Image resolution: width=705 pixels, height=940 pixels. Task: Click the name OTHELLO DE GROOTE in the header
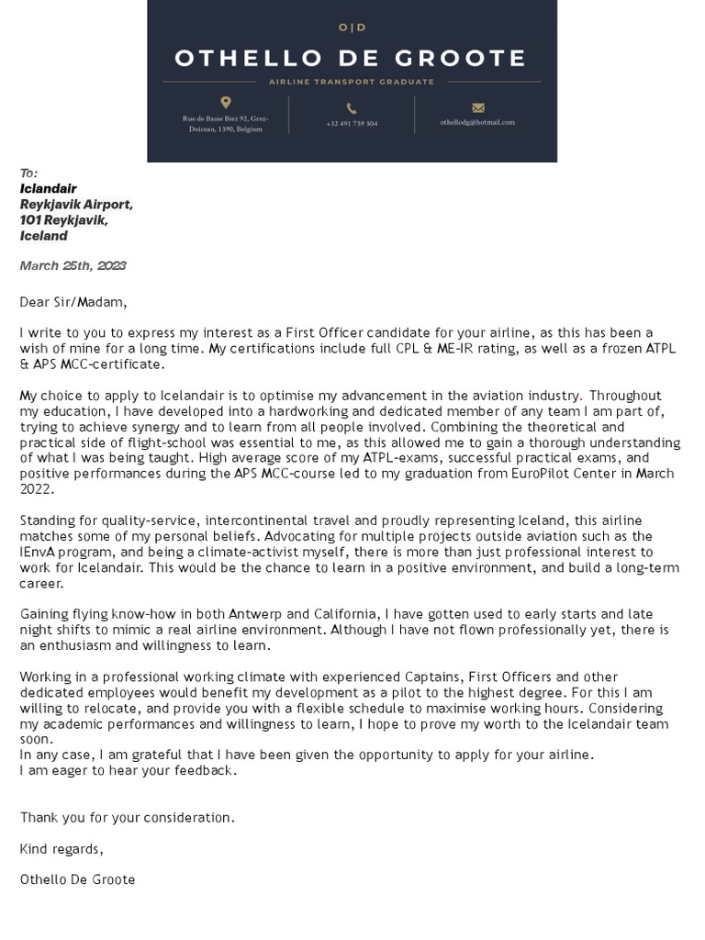coord(352,59)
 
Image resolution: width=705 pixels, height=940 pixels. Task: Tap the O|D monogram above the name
coord(352,28)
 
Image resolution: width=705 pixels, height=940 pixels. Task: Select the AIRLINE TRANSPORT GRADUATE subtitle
coord(352,83)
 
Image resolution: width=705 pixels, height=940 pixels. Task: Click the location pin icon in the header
coord(226,103)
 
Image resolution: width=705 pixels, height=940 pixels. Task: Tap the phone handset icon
coord(352,108)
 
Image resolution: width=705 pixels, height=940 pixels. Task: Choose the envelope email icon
coord(477,107)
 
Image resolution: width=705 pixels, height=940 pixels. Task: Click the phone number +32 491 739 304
coord(352,123)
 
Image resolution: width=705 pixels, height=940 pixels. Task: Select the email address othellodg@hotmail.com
coord(477,122)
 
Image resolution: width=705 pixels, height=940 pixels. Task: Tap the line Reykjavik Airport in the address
coord(76,205)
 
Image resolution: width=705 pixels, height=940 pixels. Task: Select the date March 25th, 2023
coord(73,266)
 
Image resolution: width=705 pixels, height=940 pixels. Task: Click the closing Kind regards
coord(62,848)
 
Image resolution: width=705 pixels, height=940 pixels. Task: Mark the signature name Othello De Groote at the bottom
coord(77,879)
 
